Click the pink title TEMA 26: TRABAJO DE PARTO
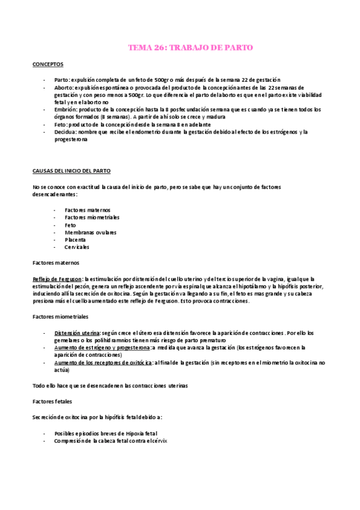(x=191, y=48)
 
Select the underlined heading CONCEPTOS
(x=48, y=64)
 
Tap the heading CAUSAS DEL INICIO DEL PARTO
(x=71, y=171)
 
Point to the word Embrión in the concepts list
(x=64, y=110)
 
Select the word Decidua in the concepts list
(x=64, y=132)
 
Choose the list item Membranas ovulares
(x=90, y=232)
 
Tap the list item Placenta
(x=75, y=239)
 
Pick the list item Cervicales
(x=76, y=247)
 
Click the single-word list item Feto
(x=70, y=225)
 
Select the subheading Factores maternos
(x=56, y=263)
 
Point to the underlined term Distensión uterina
(x=78, y=333)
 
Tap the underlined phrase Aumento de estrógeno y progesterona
(x=102, y=348)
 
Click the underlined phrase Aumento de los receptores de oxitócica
(x=103, y=363)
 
